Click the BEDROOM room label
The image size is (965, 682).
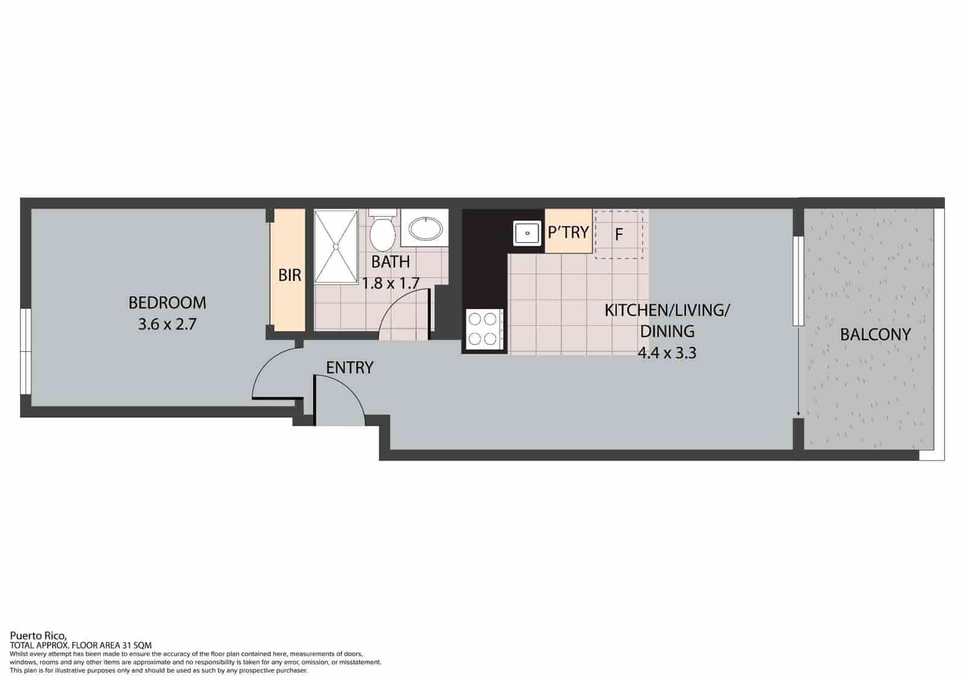coord(167,302)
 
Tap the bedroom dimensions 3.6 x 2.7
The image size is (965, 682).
coord(167,323)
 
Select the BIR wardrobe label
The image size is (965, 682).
coord(289,275)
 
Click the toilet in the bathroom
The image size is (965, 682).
coord(382,230)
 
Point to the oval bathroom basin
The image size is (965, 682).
coord(425,229)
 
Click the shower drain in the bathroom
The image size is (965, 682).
coord(336,246)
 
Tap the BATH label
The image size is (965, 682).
coord(390,262)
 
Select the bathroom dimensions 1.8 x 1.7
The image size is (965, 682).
coord(390,283)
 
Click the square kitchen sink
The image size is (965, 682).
coord(527,233)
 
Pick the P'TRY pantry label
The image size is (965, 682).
coord(568,232)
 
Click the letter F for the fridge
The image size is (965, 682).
coord(619,235)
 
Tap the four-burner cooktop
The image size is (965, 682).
coord(482,330)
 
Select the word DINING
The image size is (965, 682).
coord(667,331)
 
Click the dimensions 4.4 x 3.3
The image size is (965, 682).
coord(667,353)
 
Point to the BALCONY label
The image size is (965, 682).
coord(875,334)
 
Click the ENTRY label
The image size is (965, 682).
coord(349,368)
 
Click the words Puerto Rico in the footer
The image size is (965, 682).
coord(38,636)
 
